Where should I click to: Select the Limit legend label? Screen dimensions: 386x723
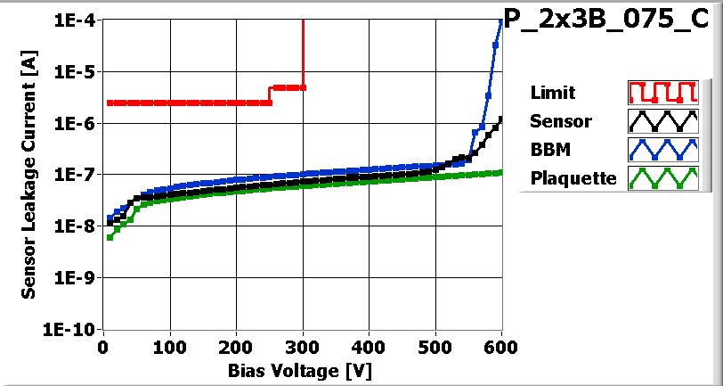click(552, 92)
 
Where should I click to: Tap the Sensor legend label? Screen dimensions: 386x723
click(560, 120)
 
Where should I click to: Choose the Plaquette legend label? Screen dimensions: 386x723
click(573, 178)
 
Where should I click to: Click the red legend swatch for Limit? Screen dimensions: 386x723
click(661, 92)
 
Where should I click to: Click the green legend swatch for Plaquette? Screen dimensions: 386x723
click(661, 178)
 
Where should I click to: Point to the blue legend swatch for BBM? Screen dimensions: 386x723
click(661, 149)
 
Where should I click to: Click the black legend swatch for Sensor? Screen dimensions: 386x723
click(661, 120)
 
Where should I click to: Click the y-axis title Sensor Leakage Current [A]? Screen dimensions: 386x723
click(29, 175)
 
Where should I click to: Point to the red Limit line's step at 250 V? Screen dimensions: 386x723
click(270, 95)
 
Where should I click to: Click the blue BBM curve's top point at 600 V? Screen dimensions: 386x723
click(501, 21)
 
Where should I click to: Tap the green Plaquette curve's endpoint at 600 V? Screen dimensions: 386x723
click(501, 172)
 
